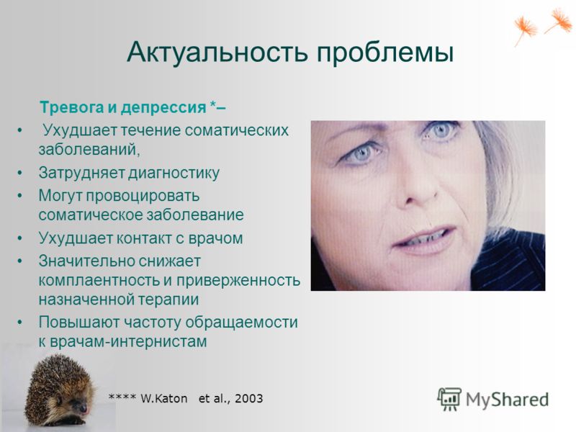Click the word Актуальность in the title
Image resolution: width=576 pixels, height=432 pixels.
click(217, 52)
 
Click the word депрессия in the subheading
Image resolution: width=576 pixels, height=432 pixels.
click(163, 108)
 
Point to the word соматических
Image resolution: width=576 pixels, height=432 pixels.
click(236, 130)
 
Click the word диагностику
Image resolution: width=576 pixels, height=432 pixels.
click(174, 173)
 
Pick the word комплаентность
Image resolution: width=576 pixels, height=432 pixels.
click(99, 281)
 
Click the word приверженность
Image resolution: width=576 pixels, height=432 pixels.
click(238, 281)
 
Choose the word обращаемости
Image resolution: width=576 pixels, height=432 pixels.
click(241, 323)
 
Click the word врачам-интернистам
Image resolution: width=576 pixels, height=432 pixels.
click(128, 341)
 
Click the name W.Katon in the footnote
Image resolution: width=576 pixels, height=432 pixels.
click(164, 399)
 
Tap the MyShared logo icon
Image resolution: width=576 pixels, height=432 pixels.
click(449, 399)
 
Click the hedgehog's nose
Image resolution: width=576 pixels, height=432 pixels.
click(84, 408)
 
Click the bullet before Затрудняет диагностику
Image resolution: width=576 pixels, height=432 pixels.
click(20, 173)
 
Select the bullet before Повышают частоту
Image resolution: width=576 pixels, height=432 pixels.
click(20, 322)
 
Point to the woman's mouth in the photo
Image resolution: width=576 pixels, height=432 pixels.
click(424, 238)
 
